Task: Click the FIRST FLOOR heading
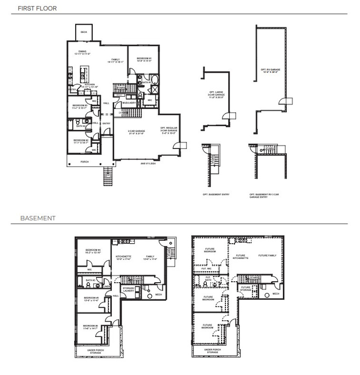point(37,8)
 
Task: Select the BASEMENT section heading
point(38,218)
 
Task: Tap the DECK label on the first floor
point(84,32)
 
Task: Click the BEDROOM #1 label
point(144,60)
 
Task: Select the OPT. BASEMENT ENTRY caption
point(216,194)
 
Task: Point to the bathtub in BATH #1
point(155,81)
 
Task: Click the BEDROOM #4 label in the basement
point(92,250)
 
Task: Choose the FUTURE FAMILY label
point(267,255)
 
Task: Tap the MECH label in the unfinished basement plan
point(276,293)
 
